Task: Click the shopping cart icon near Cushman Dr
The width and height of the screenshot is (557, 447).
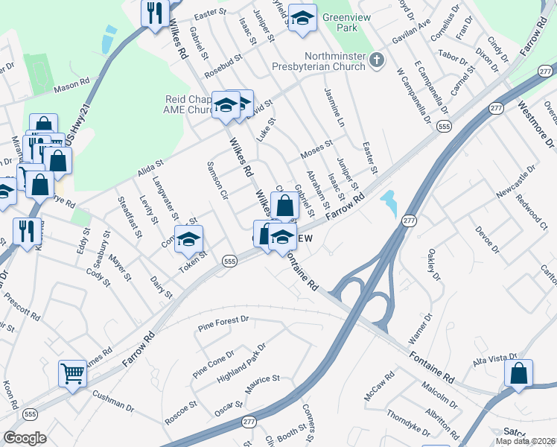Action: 73,373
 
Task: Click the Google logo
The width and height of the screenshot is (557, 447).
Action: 25,437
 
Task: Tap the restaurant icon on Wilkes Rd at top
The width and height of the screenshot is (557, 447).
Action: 156,13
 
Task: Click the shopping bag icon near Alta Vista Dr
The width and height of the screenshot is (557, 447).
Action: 518,373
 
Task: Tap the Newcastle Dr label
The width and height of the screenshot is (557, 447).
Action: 515,185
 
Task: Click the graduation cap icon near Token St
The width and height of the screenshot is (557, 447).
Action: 189,240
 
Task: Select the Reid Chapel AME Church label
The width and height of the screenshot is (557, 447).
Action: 189,104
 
